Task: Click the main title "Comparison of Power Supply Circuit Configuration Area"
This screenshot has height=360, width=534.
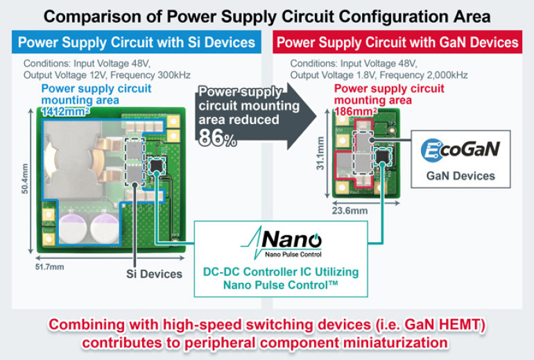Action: click(x=267, y=16)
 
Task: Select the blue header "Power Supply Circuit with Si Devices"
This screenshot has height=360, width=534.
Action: click(x=136, y=42)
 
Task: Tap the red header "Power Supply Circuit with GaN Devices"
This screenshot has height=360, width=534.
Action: click(x=397, y=42)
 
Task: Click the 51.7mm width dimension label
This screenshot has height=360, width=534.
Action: click(x=54, y=266)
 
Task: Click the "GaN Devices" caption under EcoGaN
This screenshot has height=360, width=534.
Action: click(x=461, y=175)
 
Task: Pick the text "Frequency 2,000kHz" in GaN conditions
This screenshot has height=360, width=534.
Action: click(x=429, y=75)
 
